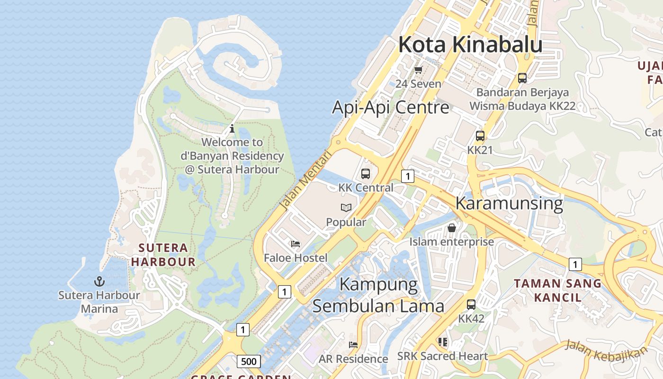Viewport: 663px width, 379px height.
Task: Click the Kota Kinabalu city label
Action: (470, 45)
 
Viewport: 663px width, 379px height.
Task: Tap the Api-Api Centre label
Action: (390, 107)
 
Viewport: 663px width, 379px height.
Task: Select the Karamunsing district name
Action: (509, 203)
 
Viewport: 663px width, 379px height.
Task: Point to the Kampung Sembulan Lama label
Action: (378, 295)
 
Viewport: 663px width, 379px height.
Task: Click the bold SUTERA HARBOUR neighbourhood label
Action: (163, 254)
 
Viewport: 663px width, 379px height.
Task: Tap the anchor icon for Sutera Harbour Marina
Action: (99, 281)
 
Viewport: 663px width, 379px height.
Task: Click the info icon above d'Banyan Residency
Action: (232, 128)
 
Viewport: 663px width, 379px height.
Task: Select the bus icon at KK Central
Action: (366, 173)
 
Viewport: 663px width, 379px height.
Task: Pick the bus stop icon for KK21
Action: (480, 136)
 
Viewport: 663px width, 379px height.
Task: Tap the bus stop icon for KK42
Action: (471, 305)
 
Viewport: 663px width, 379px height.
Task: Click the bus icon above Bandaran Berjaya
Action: (522, 78)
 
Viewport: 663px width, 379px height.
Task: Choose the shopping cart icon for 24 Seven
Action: (418, 70)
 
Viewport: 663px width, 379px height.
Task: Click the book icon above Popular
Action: (346, 208)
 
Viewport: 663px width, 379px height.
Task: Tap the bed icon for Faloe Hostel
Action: (296, 244)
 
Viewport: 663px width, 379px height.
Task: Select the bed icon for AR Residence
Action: (353, 344)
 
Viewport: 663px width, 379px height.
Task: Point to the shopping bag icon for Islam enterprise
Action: (452, 228)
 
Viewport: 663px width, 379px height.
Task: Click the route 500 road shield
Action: (248, 362)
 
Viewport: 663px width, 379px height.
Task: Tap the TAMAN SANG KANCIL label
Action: (557, 290)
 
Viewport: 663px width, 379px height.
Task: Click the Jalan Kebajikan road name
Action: (606, 349)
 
